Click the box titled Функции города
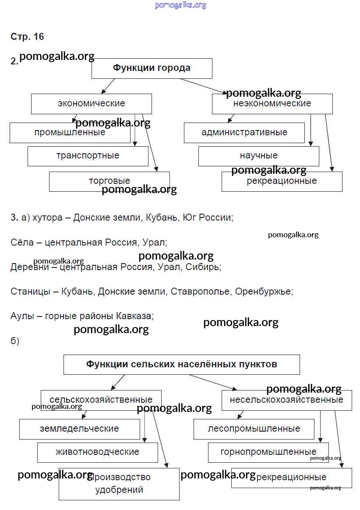152,68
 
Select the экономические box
91,104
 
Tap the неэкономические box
272,104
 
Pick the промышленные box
70,133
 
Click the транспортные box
88,156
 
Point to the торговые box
109,181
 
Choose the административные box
244,133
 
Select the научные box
258,156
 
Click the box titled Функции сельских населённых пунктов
181,364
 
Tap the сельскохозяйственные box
101,400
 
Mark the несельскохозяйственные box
286,400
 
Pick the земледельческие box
79,429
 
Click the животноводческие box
97,452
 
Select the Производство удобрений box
119,483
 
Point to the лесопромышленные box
254,429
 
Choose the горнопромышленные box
268,452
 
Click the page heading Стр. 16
27,37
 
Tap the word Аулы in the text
22,316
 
